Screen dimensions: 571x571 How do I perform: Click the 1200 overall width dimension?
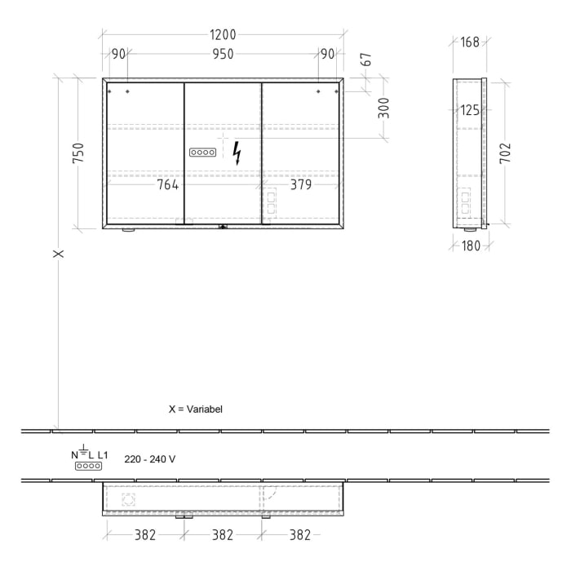coord(223,34)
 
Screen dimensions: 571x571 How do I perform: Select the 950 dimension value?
coord(223,54)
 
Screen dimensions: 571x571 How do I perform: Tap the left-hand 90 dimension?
coord(119,54)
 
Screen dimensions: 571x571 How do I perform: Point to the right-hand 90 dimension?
coord(327,54)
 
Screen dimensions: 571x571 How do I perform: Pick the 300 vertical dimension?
coord(383,108)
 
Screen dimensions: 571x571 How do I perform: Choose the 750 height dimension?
coord(78,153)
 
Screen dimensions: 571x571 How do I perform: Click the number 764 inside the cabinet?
coord(168,184)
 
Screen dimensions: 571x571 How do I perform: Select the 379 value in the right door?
coord(301,184)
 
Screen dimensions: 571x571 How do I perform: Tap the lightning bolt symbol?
coord(237,153)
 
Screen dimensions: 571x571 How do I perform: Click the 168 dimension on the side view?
coord(470,42)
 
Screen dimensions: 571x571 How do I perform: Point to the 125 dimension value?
coord(469,110)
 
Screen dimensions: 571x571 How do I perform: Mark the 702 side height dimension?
coord(505,153)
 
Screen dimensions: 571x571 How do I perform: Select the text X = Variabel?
coord(196,409)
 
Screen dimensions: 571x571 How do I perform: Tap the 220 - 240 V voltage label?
coord(150,459)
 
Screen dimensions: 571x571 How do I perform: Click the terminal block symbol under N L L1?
coord(88,466)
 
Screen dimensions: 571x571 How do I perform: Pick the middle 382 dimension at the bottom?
coord(223,535)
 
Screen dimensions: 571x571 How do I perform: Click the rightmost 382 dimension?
coord(300,535)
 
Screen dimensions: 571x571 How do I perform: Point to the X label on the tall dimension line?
coord(59,254)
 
